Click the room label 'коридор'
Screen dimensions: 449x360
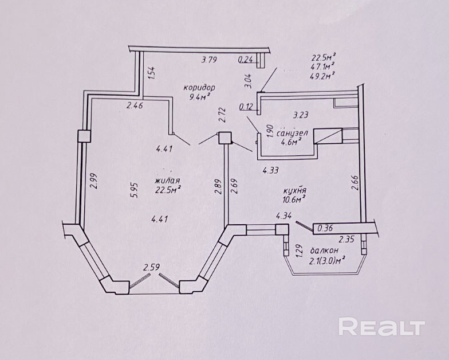coord(199,88)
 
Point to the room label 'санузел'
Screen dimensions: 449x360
coord(292,133)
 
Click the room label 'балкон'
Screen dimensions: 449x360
coord(323,251)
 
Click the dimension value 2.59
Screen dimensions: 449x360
coord(151,267)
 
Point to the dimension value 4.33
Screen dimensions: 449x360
coord(271,170)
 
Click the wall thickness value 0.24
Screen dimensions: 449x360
coord(246,58)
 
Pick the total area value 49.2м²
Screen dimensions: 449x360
coord(323,74)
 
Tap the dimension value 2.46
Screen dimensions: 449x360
coord(135,105)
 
